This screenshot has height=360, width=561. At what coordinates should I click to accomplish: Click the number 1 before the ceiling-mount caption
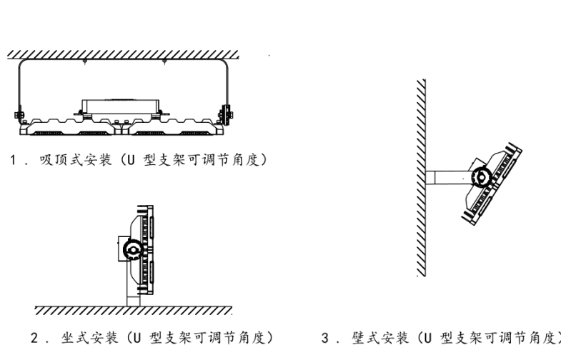tap(13, 159)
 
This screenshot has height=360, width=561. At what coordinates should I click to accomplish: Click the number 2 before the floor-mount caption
tap(34, 337)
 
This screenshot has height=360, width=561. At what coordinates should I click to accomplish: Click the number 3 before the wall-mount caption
tap(326, 337)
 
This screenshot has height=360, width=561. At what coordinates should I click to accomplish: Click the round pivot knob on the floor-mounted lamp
tap(131, 249)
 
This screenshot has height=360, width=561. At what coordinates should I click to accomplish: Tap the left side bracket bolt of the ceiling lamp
tap(19, 114)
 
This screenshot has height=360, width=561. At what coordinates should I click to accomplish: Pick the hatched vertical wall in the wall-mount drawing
tap(421, 179)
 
